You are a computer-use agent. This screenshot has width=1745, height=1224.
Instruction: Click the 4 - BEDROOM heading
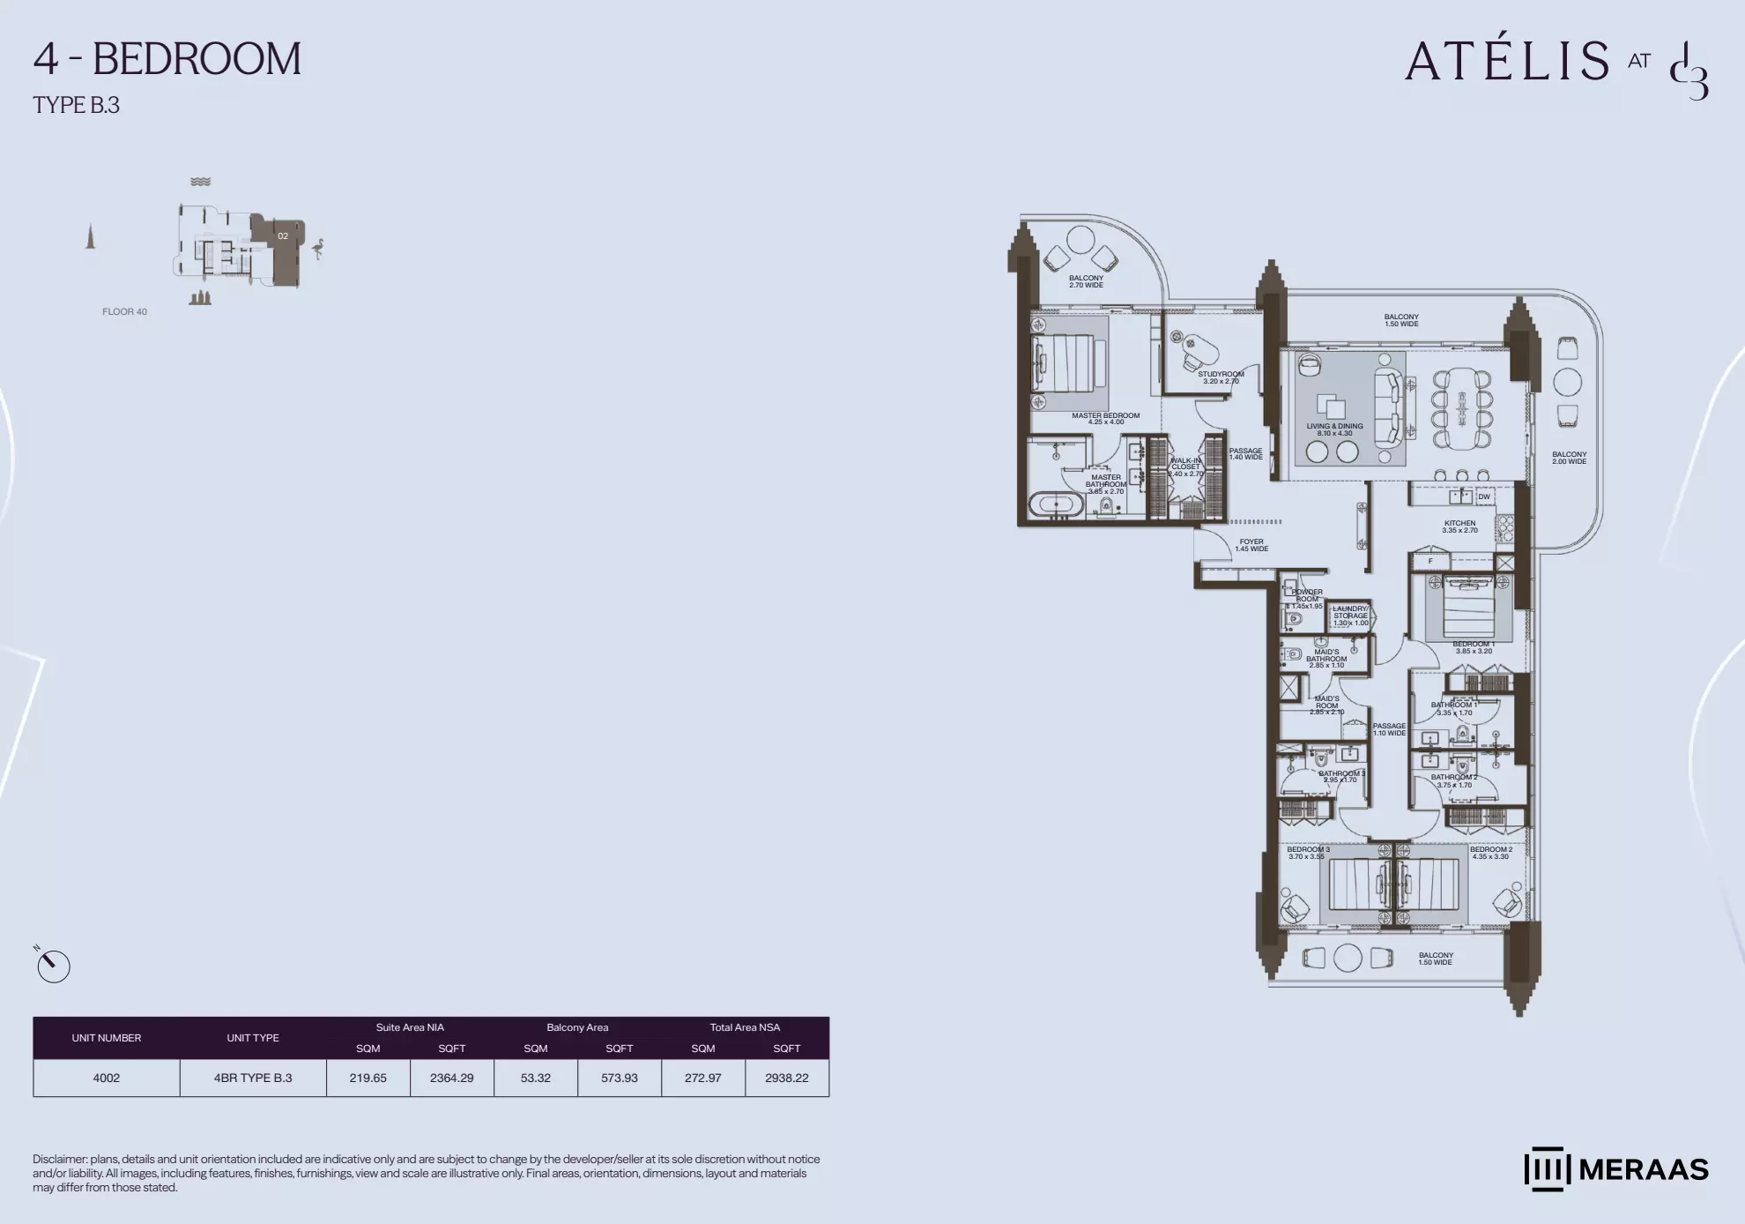[x=167, y=59]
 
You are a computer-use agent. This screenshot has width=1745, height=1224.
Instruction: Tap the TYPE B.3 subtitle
[x=76, y=105]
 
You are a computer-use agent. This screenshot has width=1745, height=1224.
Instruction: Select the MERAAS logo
[x=1615, y=1169]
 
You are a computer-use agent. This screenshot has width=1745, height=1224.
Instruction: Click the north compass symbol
[x=53, y=966]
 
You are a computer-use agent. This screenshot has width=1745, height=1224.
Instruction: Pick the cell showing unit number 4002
[x=106, y=1078]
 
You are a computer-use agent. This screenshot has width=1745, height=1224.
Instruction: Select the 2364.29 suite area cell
[x=451, y=1078]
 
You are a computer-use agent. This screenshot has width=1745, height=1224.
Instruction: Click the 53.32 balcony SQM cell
[x=535, y=1078]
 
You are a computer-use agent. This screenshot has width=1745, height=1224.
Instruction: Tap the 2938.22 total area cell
[x=786, y=1078]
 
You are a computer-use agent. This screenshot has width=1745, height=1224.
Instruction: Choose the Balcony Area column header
[x=577, y=1027]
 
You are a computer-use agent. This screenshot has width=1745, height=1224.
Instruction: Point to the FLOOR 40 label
[x=124, y=311]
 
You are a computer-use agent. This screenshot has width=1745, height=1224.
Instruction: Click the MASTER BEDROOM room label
[x=1105, y=418]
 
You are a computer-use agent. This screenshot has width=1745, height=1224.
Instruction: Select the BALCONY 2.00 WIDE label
[x=1569, y=458]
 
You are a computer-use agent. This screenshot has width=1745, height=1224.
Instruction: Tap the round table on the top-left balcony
[x=1080, y=239]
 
